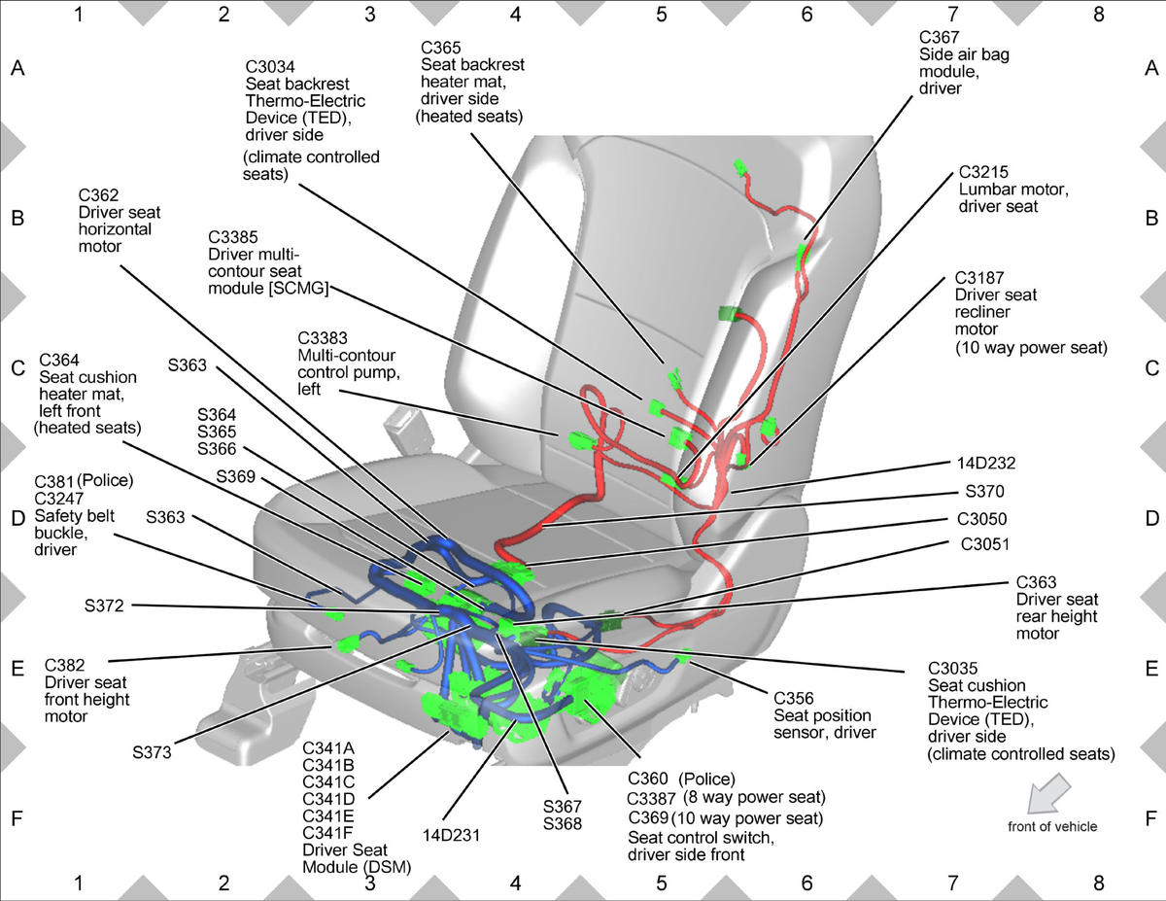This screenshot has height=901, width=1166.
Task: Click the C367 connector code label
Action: (x=939, y=37)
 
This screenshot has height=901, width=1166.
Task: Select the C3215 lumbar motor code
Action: (x=983, y=172)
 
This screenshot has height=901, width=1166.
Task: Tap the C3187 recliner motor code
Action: (x=979, y=277)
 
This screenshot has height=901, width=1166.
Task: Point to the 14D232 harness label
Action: (x=986, y=463)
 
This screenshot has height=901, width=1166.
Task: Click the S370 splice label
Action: (x=984, y=491)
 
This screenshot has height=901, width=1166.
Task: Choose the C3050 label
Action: (x=982, y=519)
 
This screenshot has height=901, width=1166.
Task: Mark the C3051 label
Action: (x=985, y=544)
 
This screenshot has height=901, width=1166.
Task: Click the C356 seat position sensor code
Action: (x=794, y=698)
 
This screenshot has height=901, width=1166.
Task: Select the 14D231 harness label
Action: (x=451, y=835)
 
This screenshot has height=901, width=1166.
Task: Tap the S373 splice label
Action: (x=152, y=752)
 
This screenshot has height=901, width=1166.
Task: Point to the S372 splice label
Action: (x=104, y=606)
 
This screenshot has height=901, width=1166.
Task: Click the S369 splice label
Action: (x=235, y=476)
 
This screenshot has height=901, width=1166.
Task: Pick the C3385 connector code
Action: (x=233, y=236)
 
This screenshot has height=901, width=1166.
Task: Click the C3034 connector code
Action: (x=270, y=66)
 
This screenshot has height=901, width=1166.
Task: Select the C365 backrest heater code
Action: (x=441, y=48)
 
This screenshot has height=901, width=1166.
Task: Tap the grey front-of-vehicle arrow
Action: (x=1048, y=792)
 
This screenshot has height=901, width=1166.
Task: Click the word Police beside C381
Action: (x=105, y=480)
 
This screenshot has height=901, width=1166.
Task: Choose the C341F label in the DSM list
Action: (x=328, y=833)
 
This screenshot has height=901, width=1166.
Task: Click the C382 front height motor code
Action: (x=64, y=666)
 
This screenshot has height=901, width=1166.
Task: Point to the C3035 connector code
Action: (x=953, y=668)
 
